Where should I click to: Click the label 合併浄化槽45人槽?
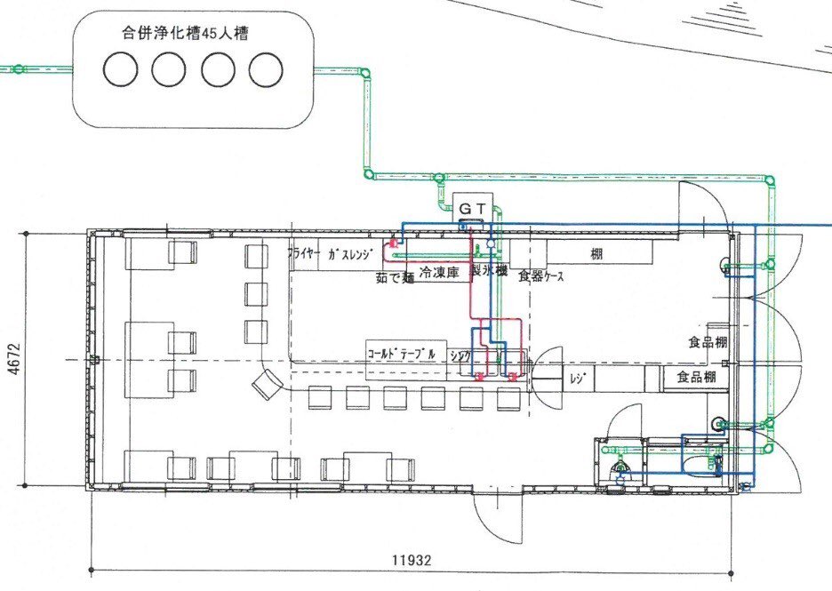(184, 35)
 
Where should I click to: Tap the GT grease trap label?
(470, 208)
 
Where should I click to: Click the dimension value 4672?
(12, 359)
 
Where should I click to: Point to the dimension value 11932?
(412, 561)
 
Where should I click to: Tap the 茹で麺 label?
(395, 276)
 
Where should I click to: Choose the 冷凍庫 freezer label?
(438, 274)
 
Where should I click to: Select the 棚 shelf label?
(596, 252)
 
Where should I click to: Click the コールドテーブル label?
(402, 353)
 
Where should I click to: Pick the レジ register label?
(575, 379)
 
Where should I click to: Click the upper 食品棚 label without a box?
(708, 342)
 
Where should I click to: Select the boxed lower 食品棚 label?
(696, 378)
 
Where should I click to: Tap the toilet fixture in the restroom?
(620, 466)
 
